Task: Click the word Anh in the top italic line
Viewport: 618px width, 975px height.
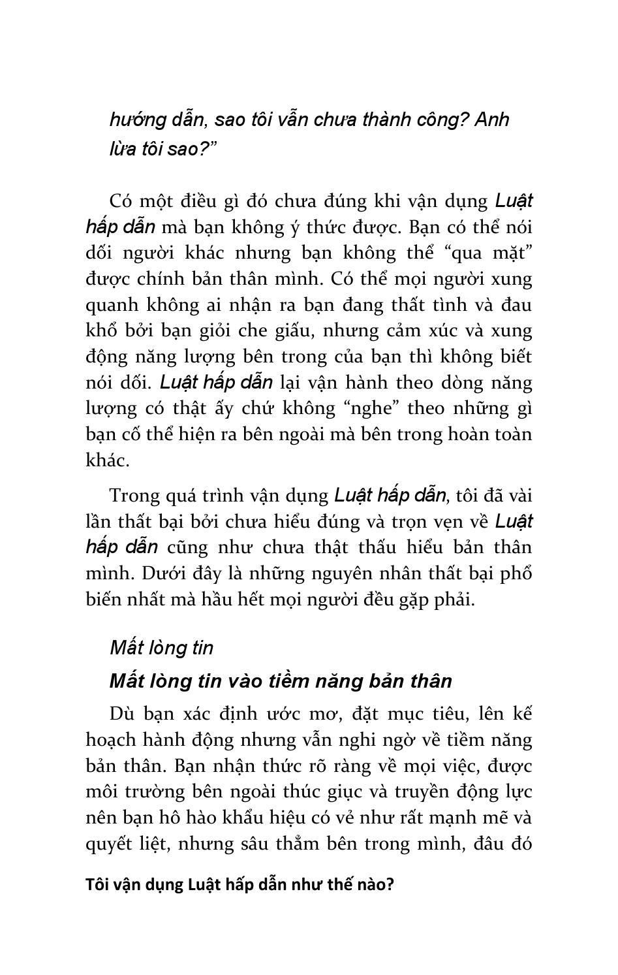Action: click(492, 120)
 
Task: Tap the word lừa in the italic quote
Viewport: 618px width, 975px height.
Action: click(123, 149)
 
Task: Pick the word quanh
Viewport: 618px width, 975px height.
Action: click(110, 305)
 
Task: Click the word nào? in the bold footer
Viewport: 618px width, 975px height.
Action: click(374, 886)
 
